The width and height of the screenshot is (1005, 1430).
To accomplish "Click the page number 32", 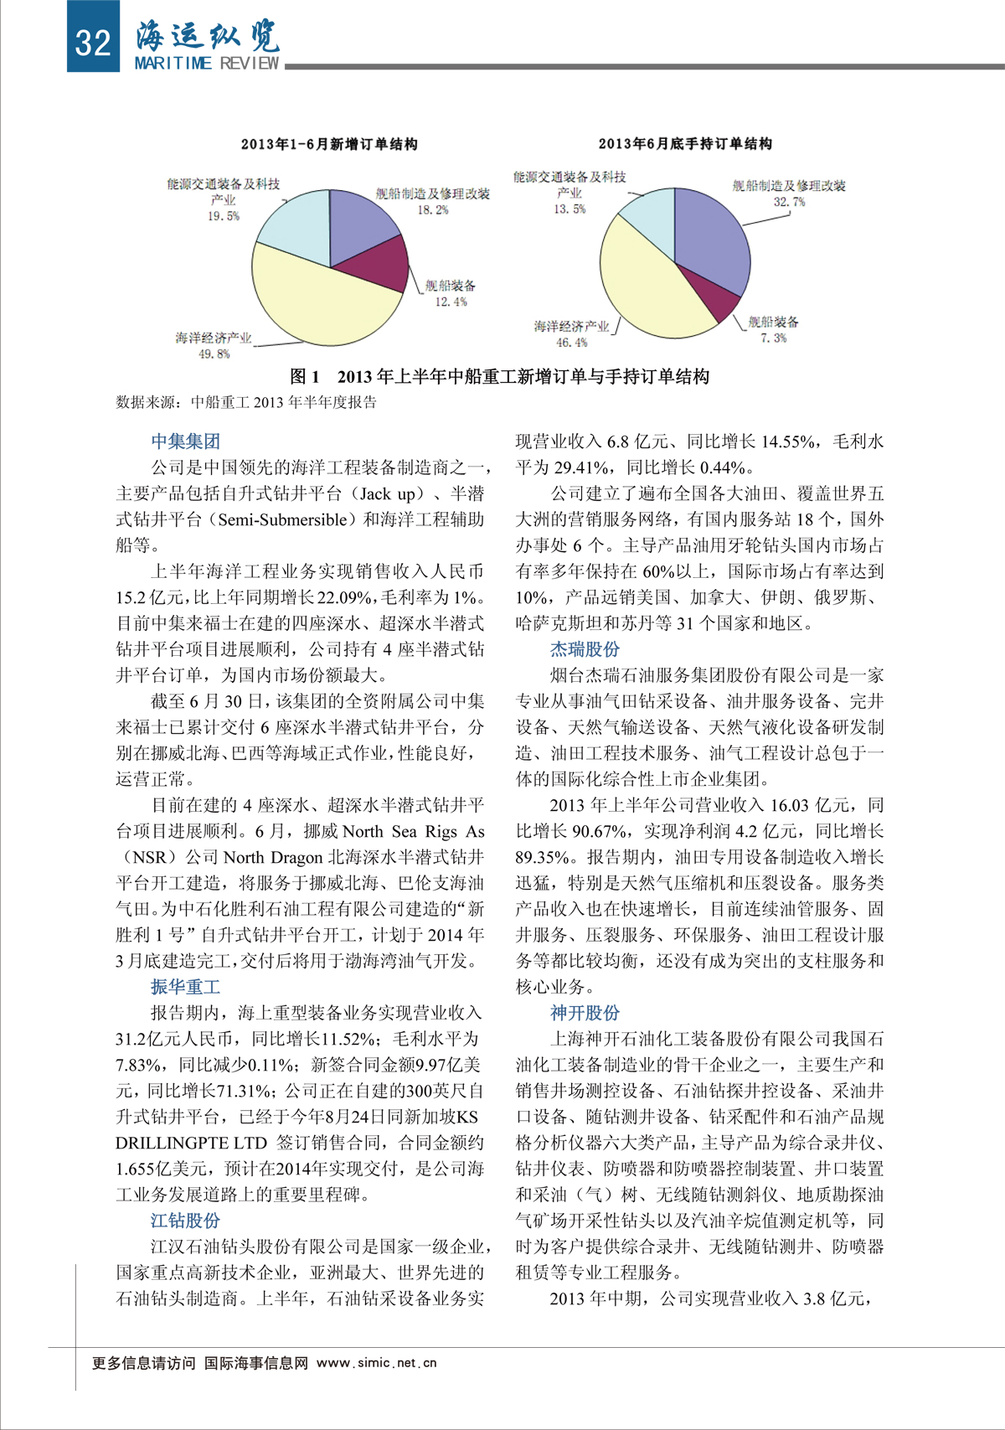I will [92, 41].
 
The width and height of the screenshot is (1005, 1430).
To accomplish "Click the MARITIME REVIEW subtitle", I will [207, 64].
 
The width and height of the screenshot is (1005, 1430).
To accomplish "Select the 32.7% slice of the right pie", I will [712, 239].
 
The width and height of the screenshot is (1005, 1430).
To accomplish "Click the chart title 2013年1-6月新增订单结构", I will [329, 144].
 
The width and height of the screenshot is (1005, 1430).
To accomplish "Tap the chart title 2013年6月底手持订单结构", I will [685, 143].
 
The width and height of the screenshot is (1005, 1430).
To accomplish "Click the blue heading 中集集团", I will [185, 441].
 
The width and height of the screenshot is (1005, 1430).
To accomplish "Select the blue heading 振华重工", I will [185, 987].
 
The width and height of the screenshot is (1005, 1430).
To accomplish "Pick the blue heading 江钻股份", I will [185, 1221].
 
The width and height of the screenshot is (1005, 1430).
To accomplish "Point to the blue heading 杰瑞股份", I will [585, 649].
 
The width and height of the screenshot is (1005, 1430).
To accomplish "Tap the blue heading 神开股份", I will [585, 1013].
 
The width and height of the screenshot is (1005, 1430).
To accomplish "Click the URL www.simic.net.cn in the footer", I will [377, 1363].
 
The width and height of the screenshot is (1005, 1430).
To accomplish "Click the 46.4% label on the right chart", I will [572, 343].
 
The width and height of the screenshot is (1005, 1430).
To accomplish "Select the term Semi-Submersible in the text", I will [282, 519].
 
